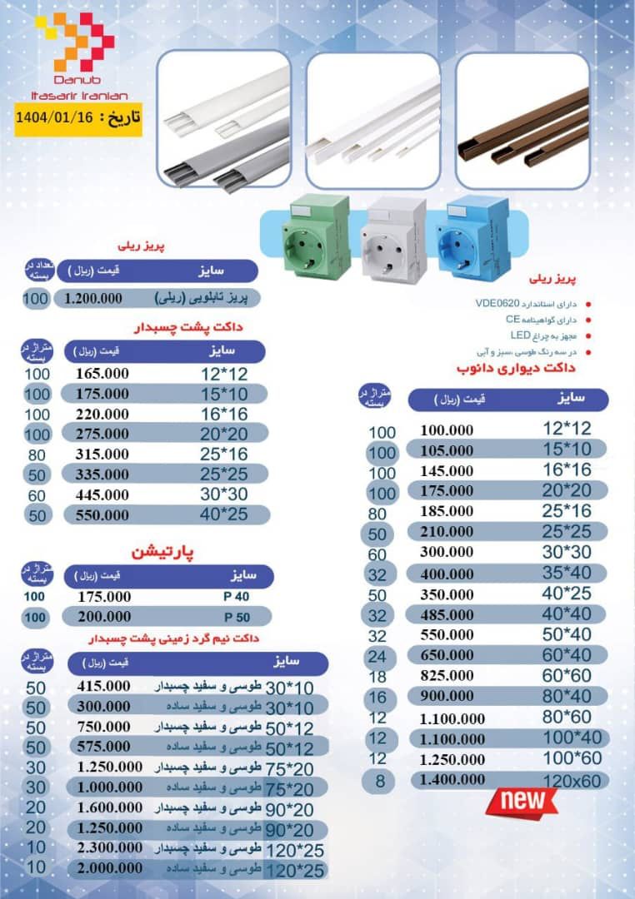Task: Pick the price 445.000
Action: [102, 494]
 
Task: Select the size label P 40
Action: [237, 596]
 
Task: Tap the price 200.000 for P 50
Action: [104, 617]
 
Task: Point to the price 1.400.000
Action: [452, 780]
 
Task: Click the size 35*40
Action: [568, 574]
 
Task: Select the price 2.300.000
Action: [109, 847]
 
